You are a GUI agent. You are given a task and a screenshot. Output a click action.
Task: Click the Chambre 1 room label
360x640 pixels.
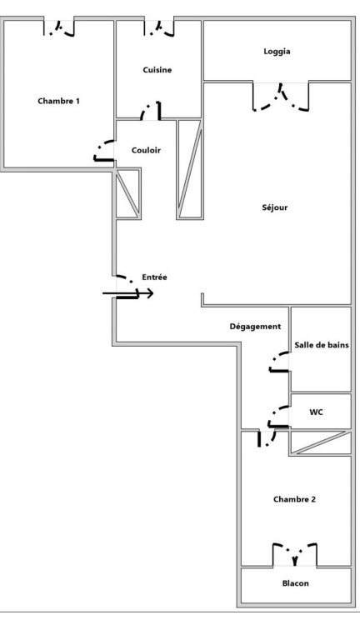coord(59,101)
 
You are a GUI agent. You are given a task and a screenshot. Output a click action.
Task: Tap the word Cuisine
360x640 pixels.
coord(157,70)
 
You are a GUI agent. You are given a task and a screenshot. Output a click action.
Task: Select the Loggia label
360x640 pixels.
coord(277,52)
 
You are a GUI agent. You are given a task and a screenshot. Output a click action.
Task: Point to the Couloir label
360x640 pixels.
coord(146,150)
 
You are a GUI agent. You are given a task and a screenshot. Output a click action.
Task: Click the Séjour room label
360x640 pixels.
coord(275,207)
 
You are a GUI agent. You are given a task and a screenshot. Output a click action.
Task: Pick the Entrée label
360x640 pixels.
coord(154,277)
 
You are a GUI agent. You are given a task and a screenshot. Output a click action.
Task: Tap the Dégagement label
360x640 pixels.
coord(255,327)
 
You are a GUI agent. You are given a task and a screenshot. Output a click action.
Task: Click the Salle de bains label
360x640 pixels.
coord(322,345)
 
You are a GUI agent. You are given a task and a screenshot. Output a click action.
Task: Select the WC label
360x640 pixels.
coord(316,412)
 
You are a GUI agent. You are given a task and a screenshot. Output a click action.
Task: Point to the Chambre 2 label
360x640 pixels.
coord(294,499)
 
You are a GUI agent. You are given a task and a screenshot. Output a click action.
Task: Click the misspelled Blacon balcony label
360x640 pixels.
coord(296,583)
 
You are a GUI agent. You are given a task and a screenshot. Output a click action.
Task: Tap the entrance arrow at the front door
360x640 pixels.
coord(127,293)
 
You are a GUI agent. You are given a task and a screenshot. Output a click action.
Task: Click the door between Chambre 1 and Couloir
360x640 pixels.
coord(103,151)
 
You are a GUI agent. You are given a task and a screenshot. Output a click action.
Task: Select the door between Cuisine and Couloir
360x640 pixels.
coord(151,111)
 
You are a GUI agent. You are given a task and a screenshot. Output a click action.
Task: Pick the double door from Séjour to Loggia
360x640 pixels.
coord(281,97)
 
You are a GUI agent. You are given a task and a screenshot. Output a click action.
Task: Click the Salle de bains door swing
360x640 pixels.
coord(279,362)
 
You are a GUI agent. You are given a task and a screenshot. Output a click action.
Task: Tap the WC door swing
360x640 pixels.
coord(279,417)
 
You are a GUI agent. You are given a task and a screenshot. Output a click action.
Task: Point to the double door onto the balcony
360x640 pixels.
coord(295,555)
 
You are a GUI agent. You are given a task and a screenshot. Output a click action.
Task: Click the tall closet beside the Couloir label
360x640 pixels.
coord(190,169)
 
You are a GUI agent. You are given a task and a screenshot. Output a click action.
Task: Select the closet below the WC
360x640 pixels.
coord(320,442)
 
